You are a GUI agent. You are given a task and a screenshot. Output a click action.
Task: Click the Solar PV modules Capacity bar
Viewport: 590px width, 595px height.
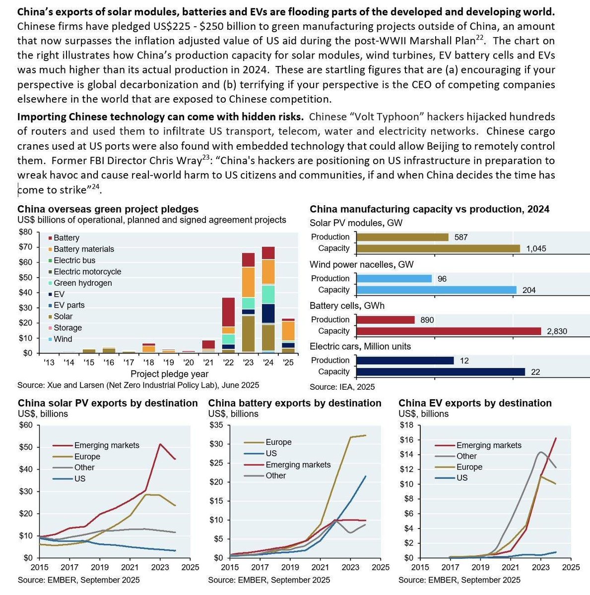click(438, 248)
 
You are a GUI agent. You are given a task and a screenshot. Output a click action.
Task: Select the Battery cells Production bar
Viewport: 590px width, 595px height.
click(385, 320)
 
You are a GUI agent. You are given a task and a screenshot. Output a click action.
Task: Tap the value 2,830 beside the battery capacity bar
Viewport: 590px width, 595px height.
click(556, 331)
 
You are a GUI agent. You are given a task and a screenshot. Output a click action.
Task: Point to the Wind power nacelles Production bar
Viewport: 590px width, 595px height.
click(394, 279)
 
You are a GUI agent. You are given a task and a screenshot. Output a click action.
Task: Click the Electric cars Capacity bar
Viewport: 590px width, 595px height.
click(440, 372)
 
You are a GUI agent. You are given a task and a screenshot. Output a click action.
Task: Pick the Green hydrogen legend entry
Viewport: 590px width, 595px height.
click(82, 283)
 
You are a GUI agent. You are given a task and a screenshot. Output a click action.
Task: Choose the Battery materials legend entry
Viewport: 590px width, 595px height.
click(83, 249)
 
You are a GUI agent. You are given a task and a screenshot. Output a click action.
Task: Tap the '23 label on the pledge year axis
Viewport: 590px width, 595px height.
click(248, 363)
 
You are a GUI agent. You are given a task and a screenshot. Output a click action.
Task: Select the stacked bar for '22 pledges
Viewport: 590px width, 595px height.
click(228, 325)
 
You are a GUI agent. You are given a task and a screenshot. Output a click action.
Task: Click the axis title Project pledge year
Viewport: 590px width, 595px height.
click(169, 374)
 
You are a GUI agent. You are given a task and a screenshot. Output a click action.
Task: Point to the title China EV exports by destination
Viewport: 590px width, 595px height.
click(475, 403)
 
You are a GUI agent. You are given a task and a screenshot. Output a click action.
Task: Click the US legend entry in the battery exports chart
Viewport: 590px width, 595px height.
click(271, 453)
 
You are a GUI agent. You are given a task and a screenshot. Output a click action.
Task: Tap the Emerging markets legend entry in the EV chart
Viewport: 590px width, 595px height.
click(488, 445)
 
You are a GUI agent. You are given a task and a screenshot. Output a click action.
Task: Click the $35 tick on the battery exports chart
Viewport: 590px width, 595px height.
click(216, 425)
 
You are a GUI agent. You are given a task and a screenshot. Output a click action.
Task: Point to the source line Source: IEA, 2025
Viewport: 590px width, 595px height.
click(342, 387)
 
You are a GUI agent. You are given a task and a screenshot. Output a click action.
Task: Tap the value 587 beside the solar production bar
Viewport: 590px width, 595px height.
click(461, 237)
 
